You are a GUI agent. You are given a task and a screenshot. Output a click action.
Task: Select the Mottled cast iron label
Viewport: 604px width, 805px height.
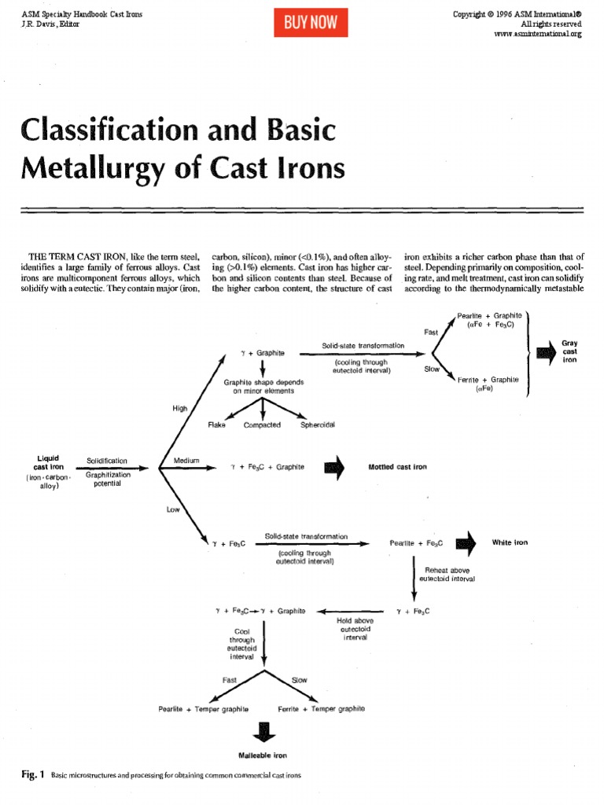pos(397,466)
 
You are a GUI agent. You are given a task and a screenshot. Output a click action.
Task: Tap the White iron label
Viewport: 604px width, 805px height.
pos(510,542)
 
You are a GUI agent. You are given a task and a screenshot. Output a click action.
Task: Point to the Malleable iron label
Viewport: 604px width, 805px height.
pos(263,755)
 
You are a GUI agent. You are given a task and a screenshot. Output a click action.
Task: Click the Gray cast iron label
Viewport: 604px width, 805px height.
pos(569,352)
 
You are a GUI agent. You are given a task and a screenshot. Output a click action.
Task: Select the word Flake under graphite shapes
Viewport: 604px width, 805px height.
pos(216,425)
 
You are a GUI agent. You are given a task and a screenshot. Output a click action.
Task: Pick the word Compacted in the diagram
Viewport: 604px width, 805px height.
pos(262,425)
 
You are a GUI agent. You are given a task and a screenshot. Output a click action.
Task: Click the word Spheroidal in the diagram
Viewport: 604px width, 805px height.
pos(318,425)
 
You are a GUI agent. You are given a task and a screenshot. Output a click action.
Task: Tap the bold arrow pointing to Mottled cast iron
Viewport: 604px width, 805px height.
pos(334,466)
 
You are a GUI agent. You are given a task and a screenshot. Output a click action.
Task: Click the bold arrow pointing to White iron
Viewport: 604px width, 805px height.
pos(466,542)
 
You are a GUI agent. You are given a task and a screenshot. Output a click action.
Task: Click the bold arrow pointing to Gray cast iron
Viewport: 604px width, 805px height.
pos(545,352)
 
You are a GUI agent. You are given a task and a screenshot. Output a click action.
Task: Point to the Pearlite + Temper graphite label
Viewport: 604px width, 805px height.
pos(204,709)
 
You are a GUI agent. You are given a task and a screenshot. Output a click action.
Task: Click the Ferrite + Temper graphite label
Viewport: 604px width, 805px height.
pos(322,709)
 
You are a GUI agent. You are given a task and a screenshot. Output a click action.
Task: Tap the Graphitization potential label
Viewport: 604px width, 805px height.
pos(108,479)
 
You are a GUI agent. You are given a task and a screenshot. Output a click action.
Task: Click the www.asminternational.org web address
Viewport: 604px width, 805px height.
pos(538,35)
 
